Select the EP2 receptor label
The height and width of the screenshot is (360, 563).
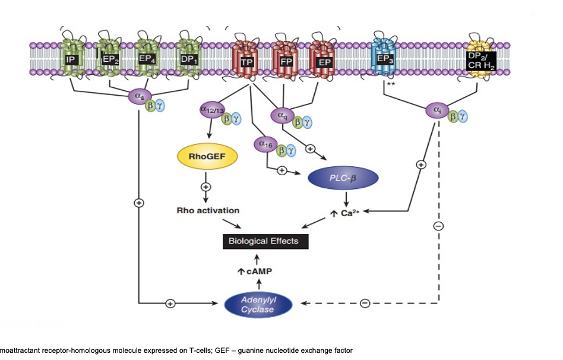(108, 59)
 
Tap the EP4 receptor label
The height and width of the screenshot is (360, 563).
(146, 59)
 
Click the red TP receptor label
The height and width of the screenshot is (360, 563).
(242, 61)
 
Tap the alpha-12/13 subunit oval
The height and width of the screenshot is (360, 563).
(211, 110)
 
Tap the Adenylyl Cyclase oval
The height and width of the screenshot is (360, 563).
(258, 305)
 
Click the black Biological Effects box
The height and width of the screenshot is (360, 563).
(260, 241)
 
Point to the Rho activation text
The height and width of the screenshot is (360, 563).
(208, 210)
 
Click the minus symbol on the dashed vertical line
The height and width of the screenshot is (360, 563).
(438, 226)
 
